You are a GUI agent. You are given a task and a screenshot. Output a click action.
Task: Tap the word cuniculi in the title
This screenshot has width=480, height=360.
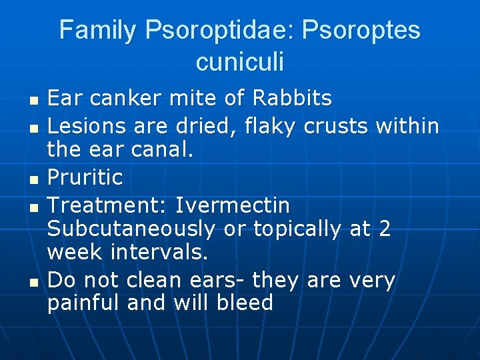pos(240,62)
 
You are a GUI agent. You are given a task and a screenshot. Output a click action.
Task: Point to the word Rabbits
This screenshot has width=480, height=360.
pos(292,99)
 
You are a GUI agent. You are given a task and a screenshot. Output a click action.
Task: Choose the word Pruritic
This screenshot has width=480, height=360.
pos(85,177)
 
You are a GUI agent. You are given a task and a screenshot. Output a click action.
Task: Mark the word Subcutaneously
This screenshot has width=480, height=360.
pos(131,229)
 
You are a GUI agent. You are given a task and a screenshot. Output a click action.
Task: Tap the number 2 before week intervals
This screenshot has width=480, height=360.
pos(385,229)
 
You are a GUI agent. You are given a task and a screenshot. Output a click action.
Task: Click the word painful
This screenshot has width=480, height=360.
pos(84,304)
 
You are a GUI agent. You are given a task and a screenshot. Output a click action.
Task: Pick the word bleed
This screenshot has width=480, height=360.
pos(245,303)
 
